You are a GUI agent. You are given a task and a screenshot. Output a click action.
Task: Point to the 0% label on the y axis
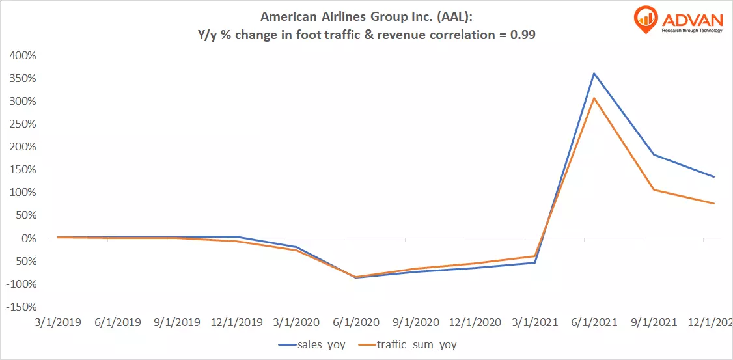(29, 238)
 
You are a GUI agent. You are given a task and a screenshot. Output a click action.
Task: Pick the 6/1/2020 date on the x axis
(355, 322)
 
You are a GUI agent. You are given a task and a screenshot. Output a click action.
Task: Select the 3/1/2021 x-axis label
(534, 322)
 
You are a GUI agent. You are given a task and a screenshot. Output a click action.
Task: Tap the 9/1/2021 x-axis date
(654, 322)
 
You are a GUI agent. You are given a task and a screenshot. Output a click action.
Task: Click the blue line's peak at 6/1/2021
(594, 73)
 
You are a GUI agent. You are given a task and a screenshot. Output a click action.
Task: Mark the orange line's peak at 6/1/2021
(594, 98)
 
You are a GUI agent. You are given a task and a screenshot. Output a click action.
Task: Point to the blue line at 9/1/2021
(654, 154)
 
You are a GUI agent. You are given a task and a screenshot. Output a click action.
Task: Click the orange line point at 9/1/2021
(654, 190)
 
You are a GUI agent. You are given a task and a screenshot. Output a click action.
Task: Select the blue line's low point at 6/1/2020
(355, 278)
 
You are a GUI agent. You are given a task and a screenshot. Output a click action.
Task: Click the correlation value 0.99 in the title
(524, 35)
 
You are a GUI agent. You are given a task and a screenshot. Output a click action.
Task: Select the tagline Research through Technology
(691, 30)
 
